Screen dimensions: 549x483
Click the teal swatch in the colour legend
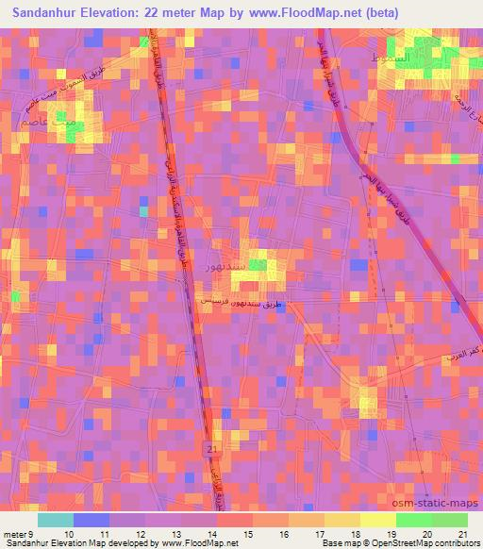coord(55,520)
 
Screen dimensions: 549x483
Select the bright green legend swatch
coord(413,520)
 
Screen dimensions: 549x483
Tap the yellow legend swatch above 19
coord(377,520)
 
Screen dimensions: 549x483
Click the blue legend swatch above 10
coord(91,520)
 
